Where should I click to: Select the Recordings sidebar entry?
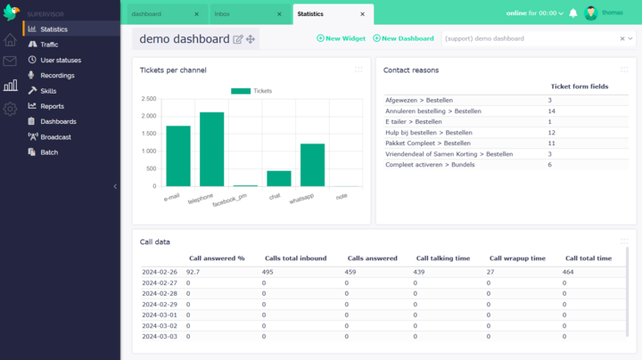pyautogui.click(x=57, y=75)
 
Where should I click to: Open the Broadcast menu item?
pyautogui.click(x=55, y=136)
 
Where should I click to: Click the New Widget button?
pyautogui.click(x=341, y=38)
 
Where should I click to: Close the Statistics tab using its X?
pyautogui.click(x=362, y=14)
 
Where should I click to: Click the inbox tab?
pyautogui.click(x=223, y=14)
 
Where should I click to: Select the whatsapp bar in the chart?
pyautogui.click(x=312, y=164)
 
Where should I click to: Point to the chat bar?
pyautogui.click(x=279, y=178)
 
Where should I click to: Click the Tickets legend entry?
pyautogui.click(x=251, y=91)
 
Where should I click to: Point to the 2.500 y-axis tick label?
pyautogui.click(x=149, y=99)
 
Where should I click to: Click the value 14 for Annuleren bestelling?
pyautogui.click(x=551, y=111)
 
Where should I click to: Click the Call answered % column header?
pyautogui.click(x=217, y=258)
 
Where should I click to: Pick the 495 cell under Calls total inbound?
pyautogui.click(x=267, y=271)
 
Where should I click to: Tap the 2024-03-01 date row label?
pyautogui.click(x=160, y=315)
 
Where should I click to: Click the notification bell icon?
pyautogui.click(x=573, y=13)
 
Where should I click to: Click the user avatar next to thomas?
pyautogui.click(x=590, y=13)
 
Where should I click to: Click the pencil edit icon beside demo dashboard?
pyautogui.click(x=237, y=39)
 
